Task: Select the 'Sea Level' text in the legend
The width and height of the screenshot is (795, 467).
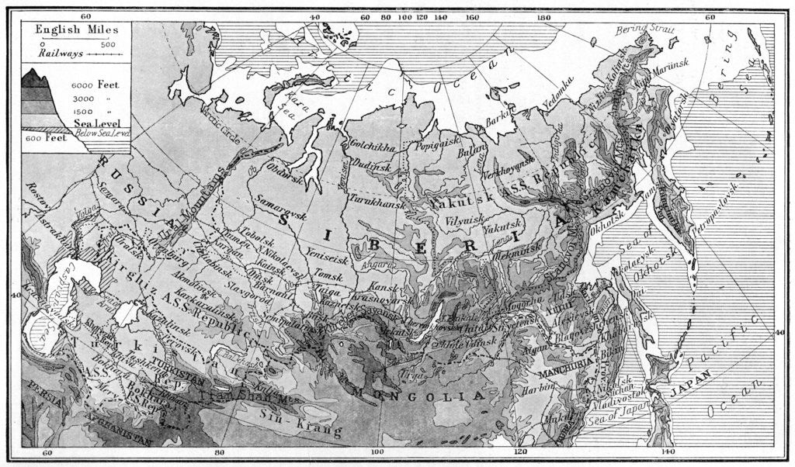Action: tap(99, 123)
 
